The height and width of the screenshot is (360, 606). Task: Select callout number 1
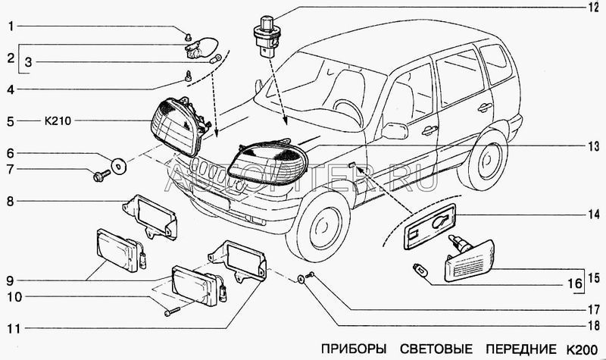click(x=11, y=27)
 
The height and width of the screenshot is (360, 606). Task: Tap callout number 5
click(x=11, y=120)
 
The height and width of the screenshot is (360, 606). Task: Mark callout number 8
click(x=11, y=202)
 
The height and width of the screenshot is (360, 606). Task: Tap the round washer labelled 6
click(x=118, y=163)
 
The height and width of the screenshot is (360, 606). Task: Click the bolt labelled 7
click(x=101, y=177)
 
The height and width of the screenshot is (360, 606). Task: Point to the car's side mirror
click(x=394, y=130)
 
